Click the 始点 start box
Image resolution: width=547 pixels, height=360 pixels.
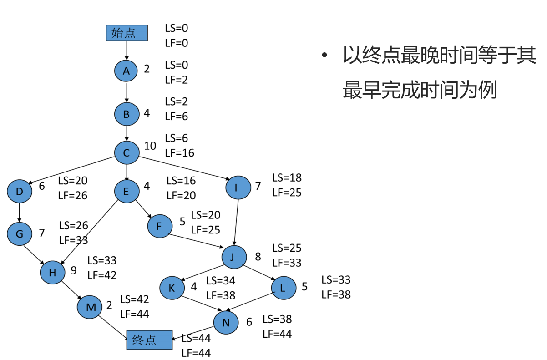pos(127,33)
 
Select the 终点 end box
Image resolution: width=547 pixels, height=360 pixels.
pos(149,340)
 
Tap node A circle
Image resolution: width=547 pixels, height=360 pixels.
pos(126,71)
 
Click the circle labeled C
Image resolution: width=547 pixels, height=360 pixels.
pos(127,152)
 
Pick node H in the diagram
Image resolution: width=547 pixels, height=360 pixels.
pos(52,272)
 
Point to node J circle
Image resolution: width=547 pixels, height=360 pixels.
pos(234,257)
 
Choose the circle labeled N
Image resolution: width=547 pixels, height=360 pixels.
pos(226,322)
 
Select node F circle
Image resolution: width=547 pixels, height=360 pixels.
pos(159,226)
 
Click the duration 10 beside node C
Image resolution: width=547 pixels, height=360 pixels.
pos(150,146)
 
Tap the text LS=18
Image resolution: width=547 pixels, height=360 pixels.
pos(287,178)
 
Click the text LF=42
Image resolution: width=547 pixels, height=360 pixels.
pos(102,275)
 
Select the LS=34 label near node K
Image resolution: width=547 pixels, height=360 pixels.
pos(221,281)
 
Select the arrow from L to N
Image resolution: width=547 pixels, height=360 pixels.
pos(253,302)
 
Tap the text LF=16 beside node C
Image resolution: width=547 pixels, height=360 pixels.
pos(179,153)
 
